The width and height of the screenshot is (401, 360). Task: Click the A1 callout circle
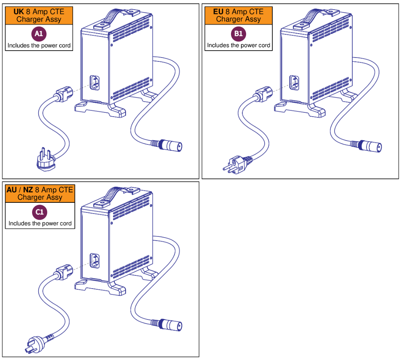(x=39, y=34)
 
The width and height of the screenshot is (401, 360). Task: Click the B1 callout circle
(x=238, y=34)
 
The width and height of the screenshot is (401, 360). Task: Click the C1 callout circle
(x=40, y=212)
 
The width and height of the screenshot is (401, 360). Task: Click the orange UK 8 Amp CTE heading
(x=39, y=15)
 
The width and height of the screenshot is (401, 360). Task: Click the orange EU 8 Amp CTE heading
(x=238, y=15)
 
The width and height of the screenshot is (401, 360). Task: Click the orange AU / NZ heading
(x=40, y=194)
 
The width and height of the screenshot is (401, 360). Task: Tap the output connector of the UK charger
(x=170, y=146)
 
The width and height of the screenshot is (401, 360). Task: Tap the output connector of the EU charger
(x=370, y=146)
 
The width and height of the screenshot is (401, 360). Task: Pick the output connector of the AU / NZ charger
(x=170, y=324)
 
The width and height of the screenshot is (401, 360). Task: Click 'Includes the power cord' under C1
(x=40, y=223)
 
